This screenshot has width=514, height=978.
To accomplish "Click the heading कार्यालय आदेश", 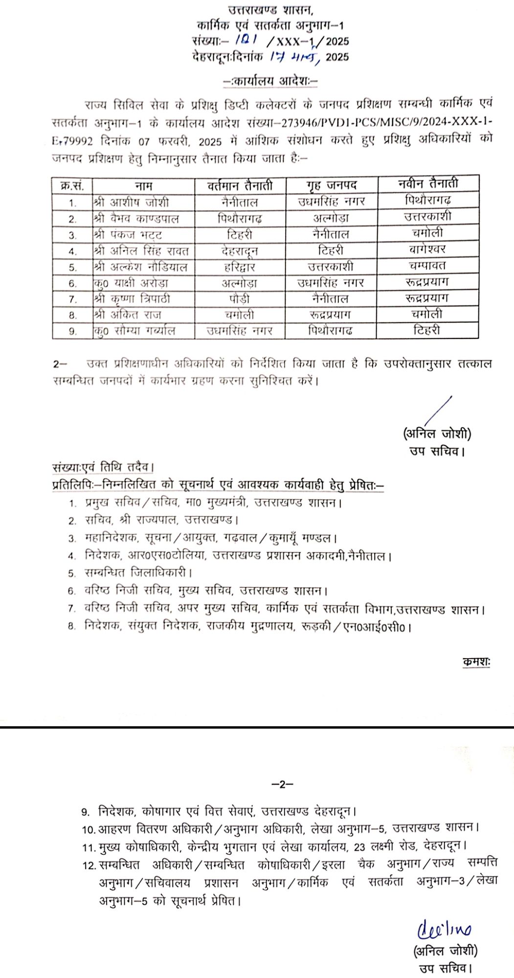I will click(270, 81).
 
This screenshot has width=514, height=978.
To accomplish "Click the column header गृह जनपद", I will click(332, 185).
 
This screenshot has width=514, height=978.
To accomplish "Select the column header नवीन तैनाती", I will click(428, 183).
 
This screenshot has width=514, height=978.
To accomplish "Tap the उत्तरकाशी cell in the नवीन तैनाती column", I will click(427, 216).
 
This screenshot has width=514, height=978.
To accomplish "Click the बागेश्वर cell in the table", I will click(427, 249).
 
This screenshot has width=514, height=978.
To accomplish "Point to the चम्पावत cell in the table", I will click(427, 266).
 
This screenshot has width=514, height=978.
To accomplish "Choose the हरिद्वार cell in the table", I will click(240, 267).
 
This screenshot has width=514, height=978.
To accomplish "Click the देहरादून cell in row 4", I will click(240, 251).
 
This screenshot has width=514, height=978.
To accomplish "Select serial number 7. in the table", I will click(72, 299).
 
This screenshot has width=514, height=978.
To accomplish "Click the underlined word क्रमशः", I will click(476, 662).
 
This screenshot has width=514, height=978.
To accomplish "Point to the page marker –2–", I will click(282, 784).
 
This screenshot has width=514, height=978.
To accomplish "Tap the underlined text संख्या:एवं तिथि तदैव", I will click(103, 467).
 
